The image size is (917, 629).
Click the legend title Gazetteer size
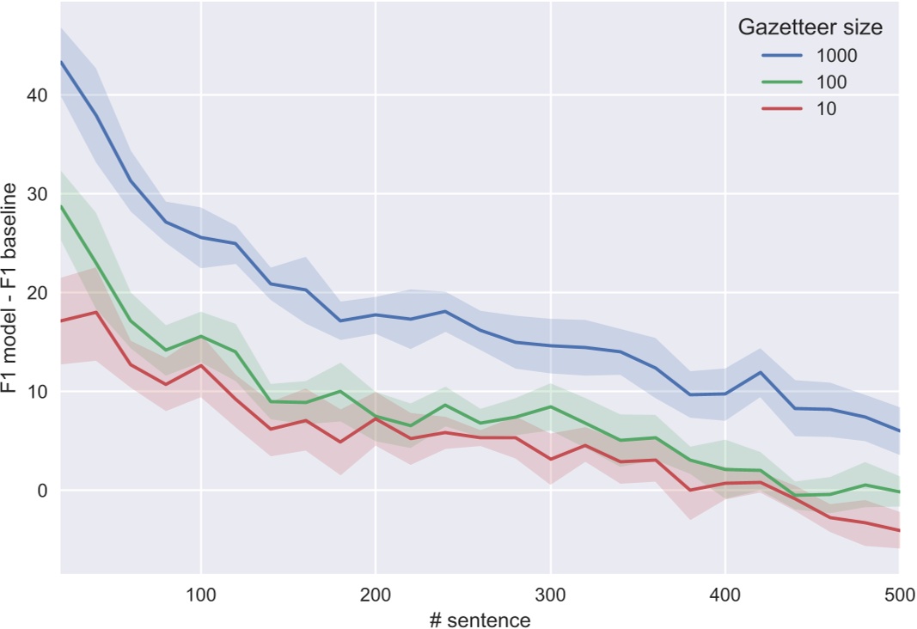[810, 27]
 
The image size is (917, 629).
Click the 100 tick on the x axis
[200, 592]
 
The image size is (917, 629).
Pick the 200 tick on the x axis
[376, 592]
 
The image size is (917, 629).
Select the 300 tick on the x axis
[550, 592]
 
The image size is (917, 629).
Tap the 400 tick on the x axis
[724, 592]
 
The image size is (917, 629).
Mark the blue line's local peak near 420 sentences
[760, 372]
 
